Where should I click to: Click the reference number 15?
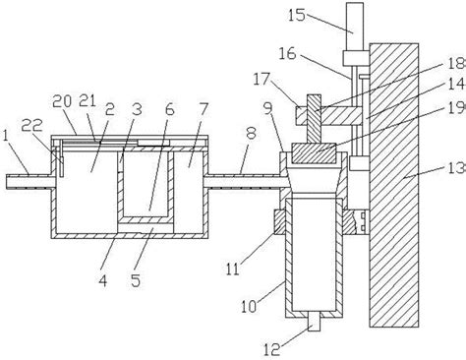tap(297, 15)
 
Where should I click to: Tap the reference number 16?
tap(287, 53)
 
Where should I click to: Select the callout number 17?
tap(262, 79)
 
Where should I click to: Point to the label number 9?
tap(268, 108)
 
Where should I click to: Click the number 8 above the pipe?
tap(252, 133)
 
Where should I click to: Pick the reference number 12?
tap(272, 350)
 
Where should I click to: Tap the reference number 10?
tap(249, 307)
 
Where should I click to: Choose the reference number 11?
tap(232, 270)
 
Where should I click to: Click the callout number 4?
tap(103, 280)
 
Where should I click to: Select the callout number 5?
tap(136, 280)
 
